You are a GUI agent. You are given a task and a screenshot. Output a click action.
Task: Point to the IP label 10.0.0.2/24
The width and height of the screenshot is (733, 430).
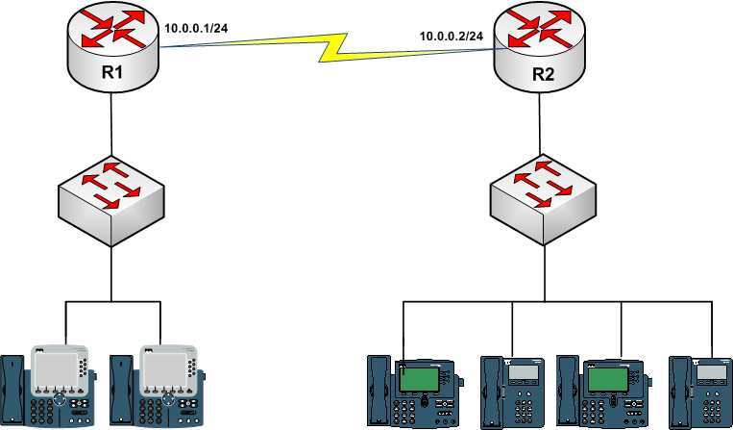[451, 36]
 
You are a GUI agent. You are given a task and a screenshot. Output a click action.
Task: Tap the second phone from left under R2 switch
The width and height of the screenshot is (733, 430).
[513, 390]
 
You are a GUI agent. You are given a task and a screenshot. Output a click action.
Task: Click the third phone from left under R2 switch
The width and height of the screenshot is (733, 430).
[601, 390]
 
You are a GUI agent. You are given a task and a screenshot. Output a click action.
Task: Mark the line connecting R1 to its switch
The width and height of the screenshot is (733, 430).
[111, 123]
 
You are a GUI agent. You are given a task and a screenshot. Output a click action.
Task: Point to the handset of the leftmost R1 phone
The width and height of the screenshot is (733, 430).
[12, 389]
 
